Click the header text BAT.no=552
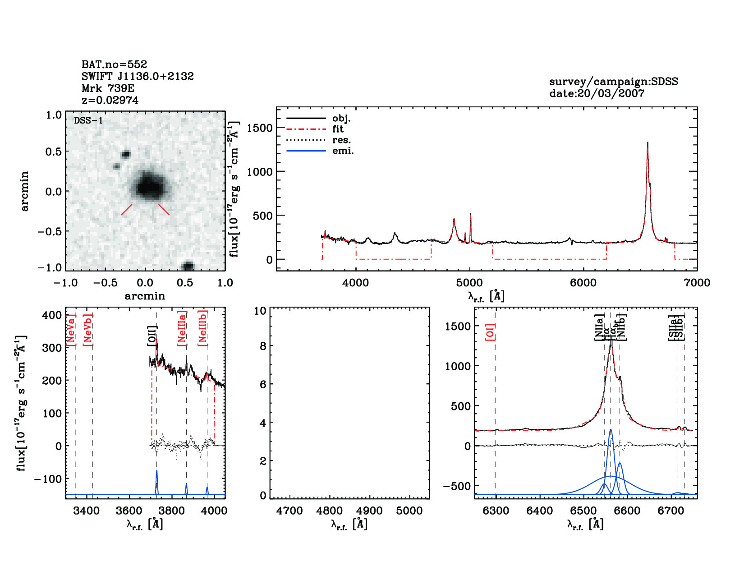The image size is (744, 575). coord(114,64)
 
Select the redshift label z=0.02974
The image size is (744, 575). coord(110,100)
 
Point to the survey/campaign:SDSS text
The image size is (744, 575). coord(613,82)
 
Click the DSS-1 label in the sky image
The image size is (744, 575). coord(88,120)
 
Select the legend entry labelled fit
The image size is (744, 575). coord(338,129)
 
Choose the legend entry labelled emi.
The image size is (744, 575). coord(343,151)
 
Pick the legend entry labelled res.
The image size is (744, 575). coord(341,140)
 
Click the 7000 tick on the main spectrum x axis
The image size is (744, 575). coord(697,283)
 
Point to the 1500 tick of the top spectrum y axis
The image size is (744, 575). coord(260,128)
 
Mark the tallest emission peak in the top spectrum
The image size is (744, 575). coord(648,143)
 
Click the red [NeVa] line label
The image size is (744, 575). coord(71,331)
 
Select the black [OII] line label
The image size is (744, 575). coord(152,336)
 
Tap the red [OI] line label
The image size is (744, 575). coord(491,331)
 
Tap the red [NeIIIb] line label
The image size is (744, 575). coord(203,328)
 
